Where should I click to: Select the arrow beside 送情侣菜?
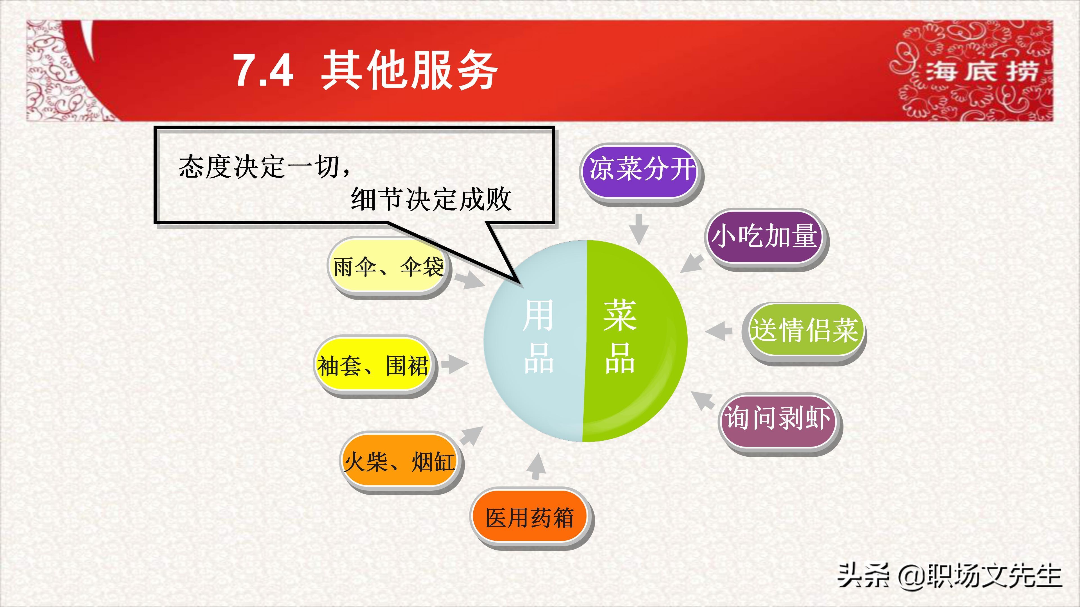point(718,331)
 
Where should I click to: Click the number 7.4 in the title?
point(263,70)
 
